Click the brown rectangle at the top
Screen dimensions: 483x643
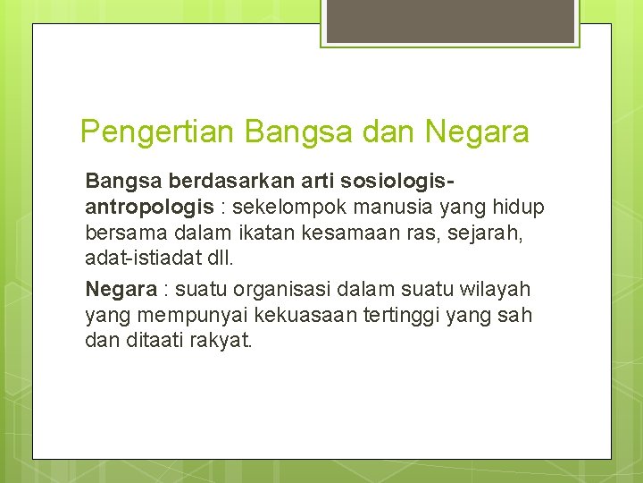pyautogui.click(x=449, y=21)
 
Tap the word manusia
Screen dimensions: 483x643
pyautogui.click(x=380, y=208)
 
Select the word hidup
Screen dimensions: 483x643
pyautogui.click(x=519, y=208)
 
